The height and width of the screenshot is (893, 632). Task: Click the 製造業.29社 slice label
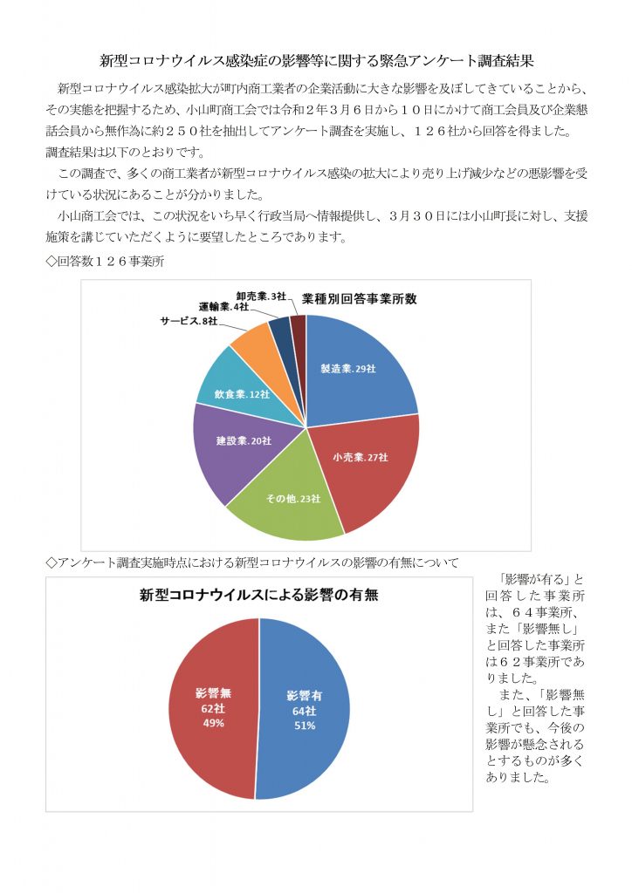click(x=348, y=369)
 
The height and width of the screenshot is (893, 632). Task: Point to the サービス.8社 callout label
click(x=189, y=321)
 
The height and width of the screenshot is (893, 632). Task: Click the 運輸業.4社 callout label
click(x=223, y=308)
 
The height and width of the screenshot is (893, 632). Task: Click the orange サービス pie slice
click(x=252, y=341)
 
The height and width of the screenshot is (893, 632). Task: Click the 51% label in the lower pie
click(x=305, y=725)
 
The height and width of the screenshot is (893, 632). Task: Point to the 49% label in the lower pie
click(x=214, y=723)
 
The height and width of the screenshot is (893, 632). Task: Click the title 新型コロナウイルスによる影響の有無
click(x=258, y=597)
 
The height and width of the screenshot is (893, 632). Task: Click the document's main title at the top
click(x=316, y=61)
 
